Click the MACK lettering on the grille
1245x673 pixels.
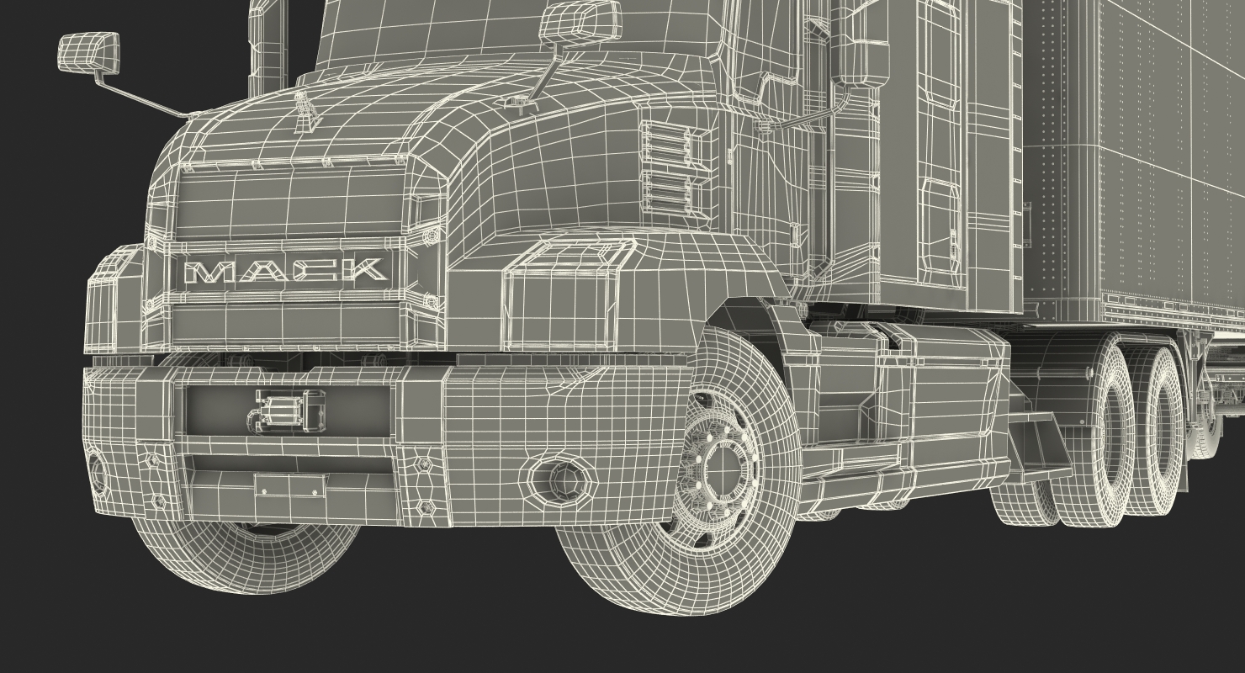286,271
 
